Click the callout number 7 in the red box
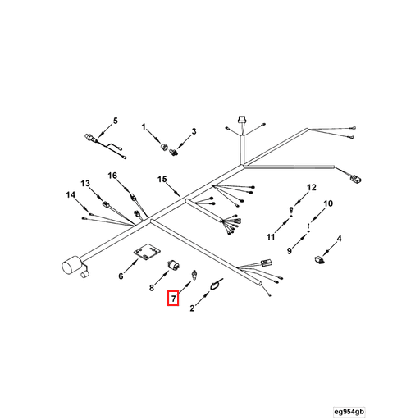(173, 299)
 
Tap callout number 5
(116, 121)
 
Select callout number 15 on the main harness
(162, 179)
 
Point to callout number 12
(312, 187)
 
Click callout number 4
(339, 239)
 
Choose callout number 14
(71, 194)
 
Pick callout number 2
(192, 308)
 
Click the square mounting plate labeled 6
(147, 252)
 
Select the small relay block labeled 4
(319, 259)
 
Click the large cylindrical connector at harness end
(72, 266)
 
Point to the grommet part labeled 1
(164, 146)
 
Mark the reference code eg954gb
(349, 412)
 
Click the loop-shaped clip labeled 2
(216, 285)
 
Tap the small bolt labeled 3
(173, 152)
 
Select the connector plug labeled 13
(106, 204)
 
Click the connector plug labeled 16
(133, 197)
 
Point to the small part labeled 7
(194, 274)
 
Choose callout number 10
(328, 203)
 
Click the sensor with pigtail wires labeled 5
(104, 145)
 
